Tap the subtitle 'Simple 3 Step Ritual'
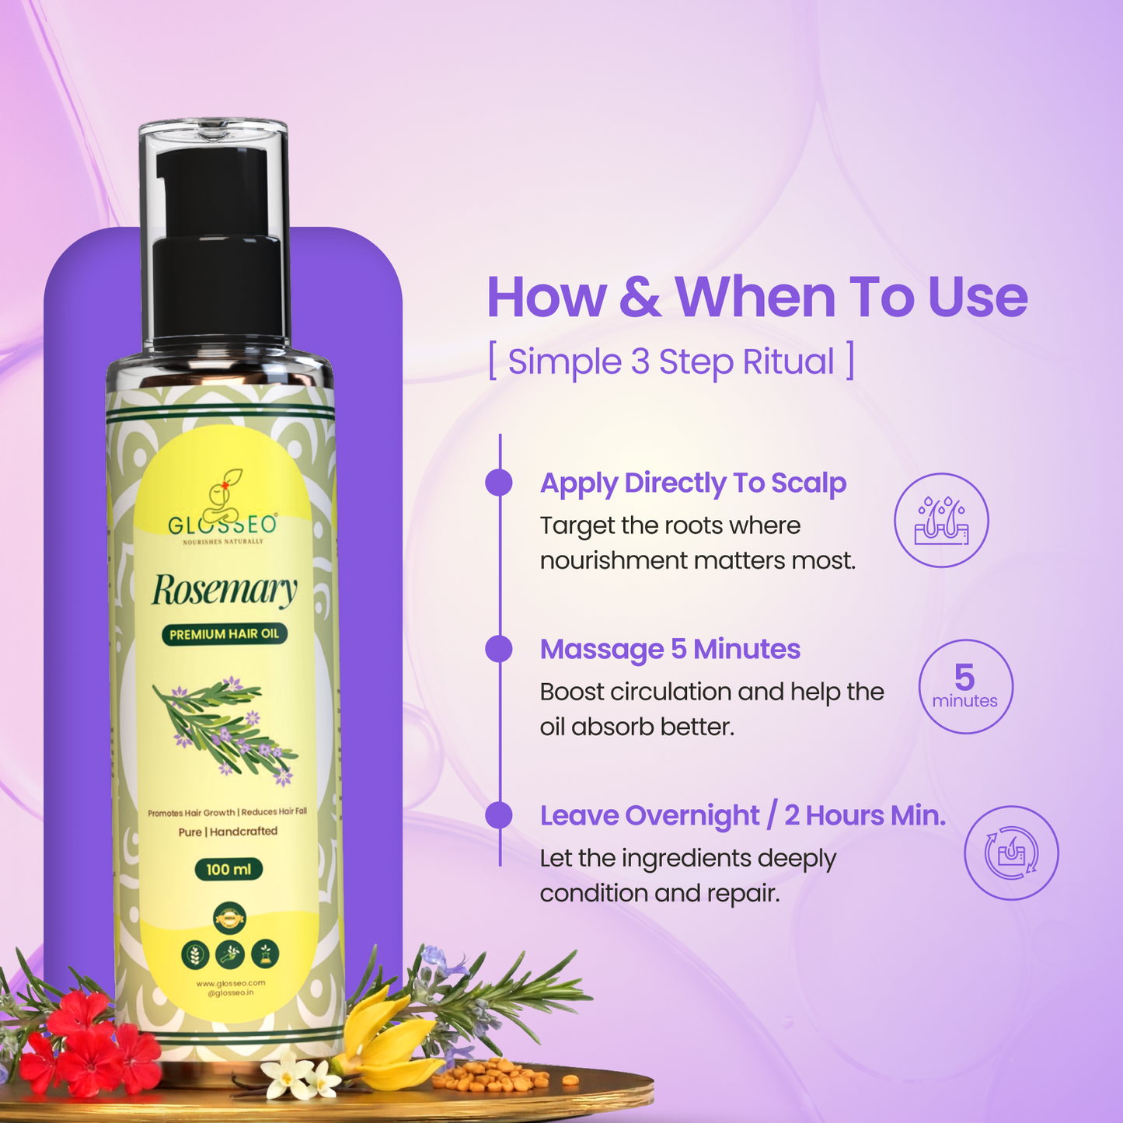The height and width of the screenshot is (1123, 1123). click(x=671, y=362)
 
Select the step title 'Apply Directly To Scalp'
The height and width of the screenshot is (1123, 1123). click(x=692, y=483)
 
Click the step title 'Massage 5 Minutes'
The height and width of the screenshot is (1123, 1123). click(x=670, y=649)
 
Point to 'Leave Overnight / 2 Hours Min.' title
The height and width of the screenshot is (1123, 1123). click(x=742, y=815)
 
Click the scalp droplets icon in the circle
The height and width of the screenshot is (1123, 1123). click(x=941, y=521)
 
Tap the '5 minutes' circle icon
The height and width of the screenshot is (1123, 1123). click(x=965, y=686)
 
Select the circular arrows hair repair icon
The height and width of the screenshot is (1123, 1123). click(x=1011, y=853)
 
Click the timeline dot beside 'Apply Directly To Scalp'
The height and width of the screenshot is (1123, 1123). click(x=499, y=483)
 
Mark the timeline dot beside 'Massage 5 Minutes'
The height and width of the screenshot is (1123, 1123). click(x=499, y=649)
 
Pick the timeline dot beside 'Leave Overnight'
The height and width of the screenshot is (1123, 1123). click(x=499, y=815)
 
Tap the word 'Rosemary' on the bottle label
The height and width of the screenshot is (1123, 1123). click(x=224, y=591)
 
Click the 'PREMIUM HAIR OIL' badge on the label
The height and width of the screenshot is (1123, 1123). click(x=225, y=634)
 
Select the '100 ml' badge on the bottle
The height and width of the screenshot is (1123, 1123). click(x=228, y=869)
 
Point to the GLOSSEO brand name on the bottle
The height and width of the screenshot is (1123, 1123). click(x=222, y=525)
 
